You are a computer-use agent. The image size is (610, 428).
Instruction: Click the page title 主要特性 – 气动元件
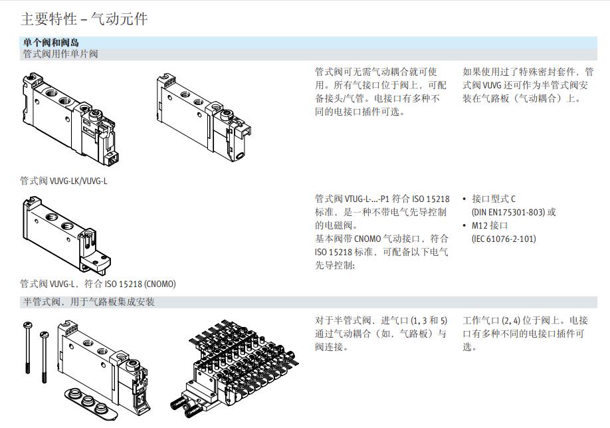coord(84,19)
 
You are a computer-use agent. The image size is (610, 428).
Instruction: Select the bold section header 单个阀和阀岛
coord(51,43)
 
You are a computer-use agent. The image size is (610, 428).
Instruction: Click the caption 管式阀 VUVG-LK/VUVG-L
coord(64,180)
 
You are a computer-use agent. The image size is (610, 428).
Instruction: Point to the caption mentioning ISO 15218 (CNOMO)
coord(98,284)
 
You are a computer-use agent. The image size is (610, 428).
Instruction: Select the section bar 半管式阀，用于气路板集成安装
coord(88,302)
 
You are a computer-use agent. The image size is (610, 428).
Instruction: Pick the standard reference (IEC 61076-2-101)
coord(504,239)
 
